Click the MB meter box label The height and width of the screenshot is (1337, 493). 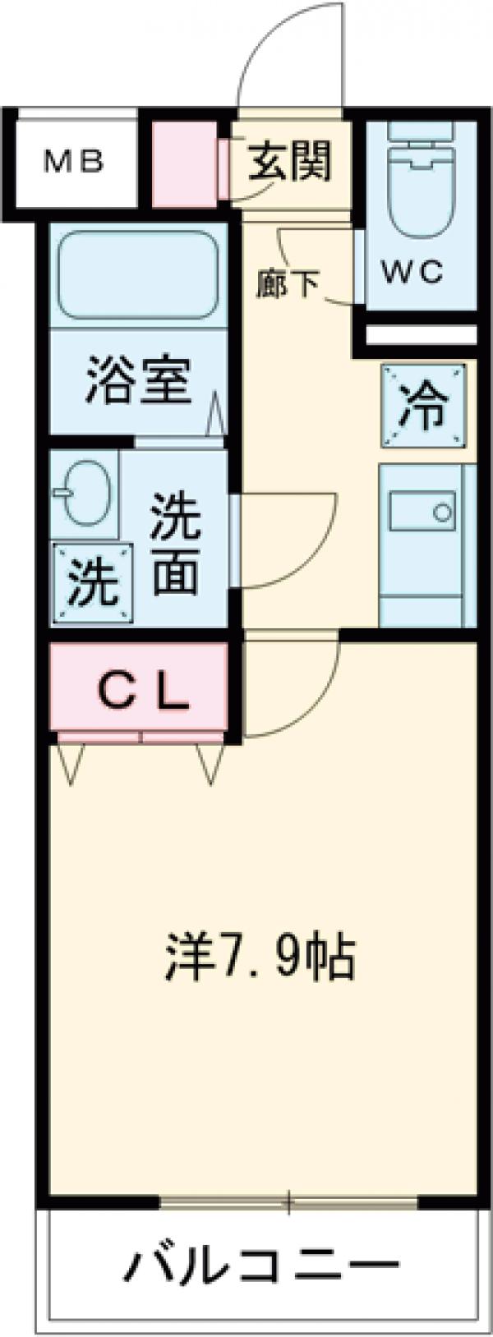[x=73, y=162]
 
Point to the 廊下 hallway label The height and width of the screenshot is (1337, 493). [x=287, y=284]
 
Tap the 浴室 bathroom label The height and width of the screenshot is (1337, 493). [x=139, y=381]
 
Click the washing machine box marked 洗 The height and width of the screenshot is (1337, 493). [x=91, y=582]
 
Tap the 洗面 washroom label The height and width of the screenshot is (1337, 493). [x=174, y=544]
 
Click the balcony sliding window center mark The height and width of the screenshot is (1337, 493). [x=289, y=1202]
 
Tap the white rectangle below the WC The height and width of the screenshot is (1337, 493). [x=421, y=335]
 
